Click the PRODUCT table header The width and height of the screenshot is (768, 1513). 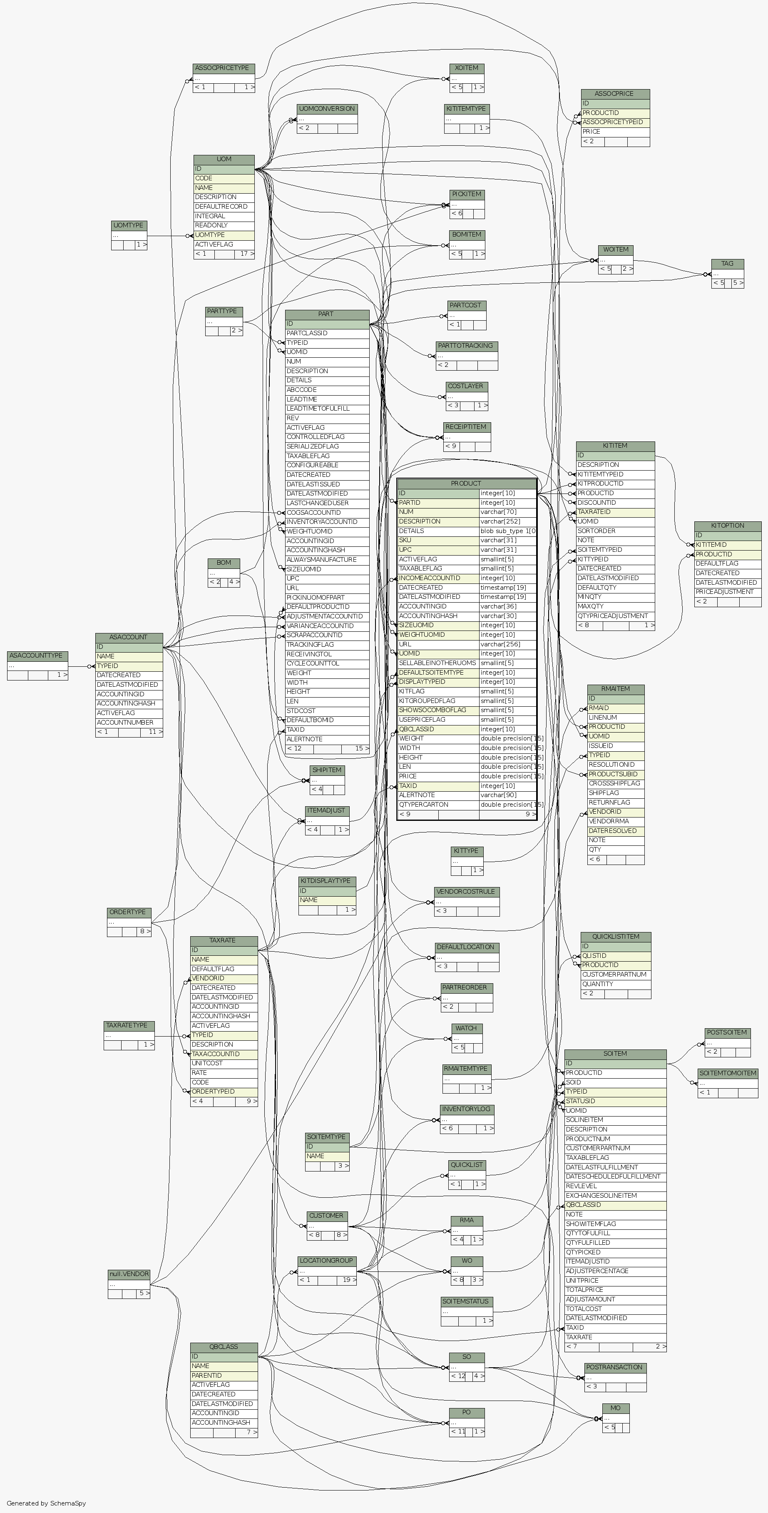coord(466,484)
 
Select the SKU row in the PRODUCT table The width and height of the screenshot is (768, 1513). coord(438,541)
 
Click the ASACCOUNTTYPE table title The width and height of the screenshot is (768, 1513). coord(36,656)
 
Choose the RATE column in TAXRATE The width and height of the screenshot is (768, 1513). coord(224,1072)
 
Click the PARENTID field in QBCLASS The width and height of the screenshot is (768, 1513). coord(224,1376)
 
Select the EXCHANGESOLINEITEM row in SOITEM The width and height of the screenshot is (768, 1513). coord(615,1195)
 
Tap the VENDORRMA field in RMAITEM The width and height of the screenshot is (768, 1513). coord(615,821)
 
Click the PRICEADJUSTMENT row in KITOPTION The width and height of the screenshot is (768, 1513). coord(728,592)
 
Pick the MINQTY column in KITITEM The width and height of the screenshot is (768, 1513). coord(615,597)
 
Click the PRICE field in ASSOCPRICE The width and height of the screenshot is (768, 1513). coord(615,132)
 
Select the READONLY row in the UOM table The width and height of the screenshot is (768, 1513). coord(224,226)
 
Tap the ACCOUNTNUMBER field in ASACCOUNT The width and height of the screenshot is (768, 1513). coord(129,723)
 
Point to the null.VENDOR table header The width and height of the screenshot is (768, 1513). coord(129,1274)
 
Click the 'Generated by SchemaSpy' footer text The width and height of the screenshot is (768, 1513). coord(46,1503)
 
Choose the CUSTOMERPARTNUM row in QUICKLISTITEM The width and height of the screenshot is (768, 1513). coord(615,975)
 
